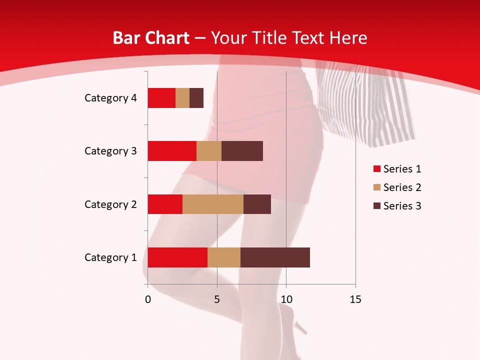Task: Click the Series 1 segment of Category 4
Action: tap(161, 98)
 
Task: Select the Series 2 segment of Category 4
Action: tap(182, 98)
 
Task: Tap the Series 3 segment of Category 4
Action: tap(196, 98)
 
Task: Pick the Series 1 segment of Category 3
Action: tap(172, 151)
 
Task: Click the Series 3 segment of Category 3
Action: tap(242, 151)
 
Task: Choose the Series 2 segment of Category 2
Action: tap(213, 204)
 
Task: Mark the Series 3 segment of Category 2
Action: tap(257, 204)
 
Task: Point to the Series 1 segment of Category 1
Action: tap(177, 257)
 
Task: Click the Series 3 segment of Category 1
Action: tap(275, 257)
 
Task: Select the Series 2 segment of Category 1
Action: tap(224, 257)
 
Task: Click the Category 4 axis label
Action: tap(110, 98)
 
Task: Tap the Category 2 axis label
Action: tap(110, 204)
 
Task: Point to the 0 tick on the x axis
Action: tap(148, 299)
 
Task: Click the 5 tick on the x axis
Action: tap(217, 299)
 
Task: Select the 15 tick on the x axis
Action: tap(355, 299)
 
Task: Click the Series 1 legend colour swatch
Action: tap(376, 169)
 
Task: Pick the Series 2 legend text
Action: tap(402, 187)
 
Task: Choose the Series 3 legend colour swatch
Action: tap(376, 206)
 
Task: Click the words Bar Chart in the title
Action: tap(151, 38)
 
